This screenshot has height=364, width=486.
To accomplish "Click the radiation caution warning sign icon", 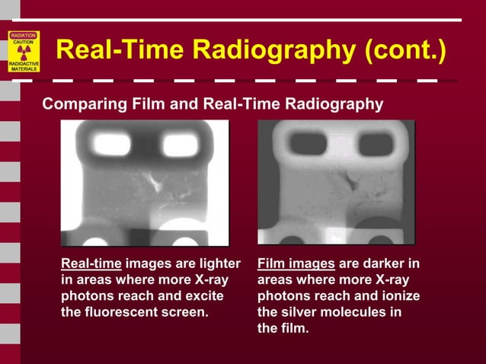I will pyautogui.click(x=24, y=52).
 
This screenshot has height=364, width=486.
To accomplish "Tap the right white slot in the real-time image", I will pyautogui.click(x=179, y=144).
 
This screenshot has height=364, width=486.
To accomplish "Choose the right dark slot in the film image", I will pyautogui.click(x=376, y=144).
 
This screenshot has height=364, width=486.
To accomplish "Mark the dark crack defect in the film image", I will pyautogui.click(x=353, y=182).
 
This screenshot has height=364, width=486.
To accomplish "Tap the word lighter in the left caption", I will pyautogui.click(x=216, y=264).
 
